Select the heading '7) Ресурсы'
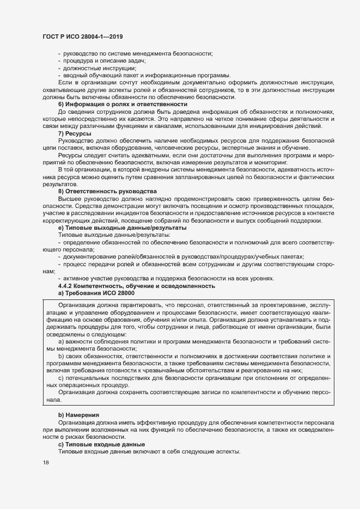pos(75,134)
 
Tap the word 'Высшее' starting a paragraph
pos(70,199)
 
